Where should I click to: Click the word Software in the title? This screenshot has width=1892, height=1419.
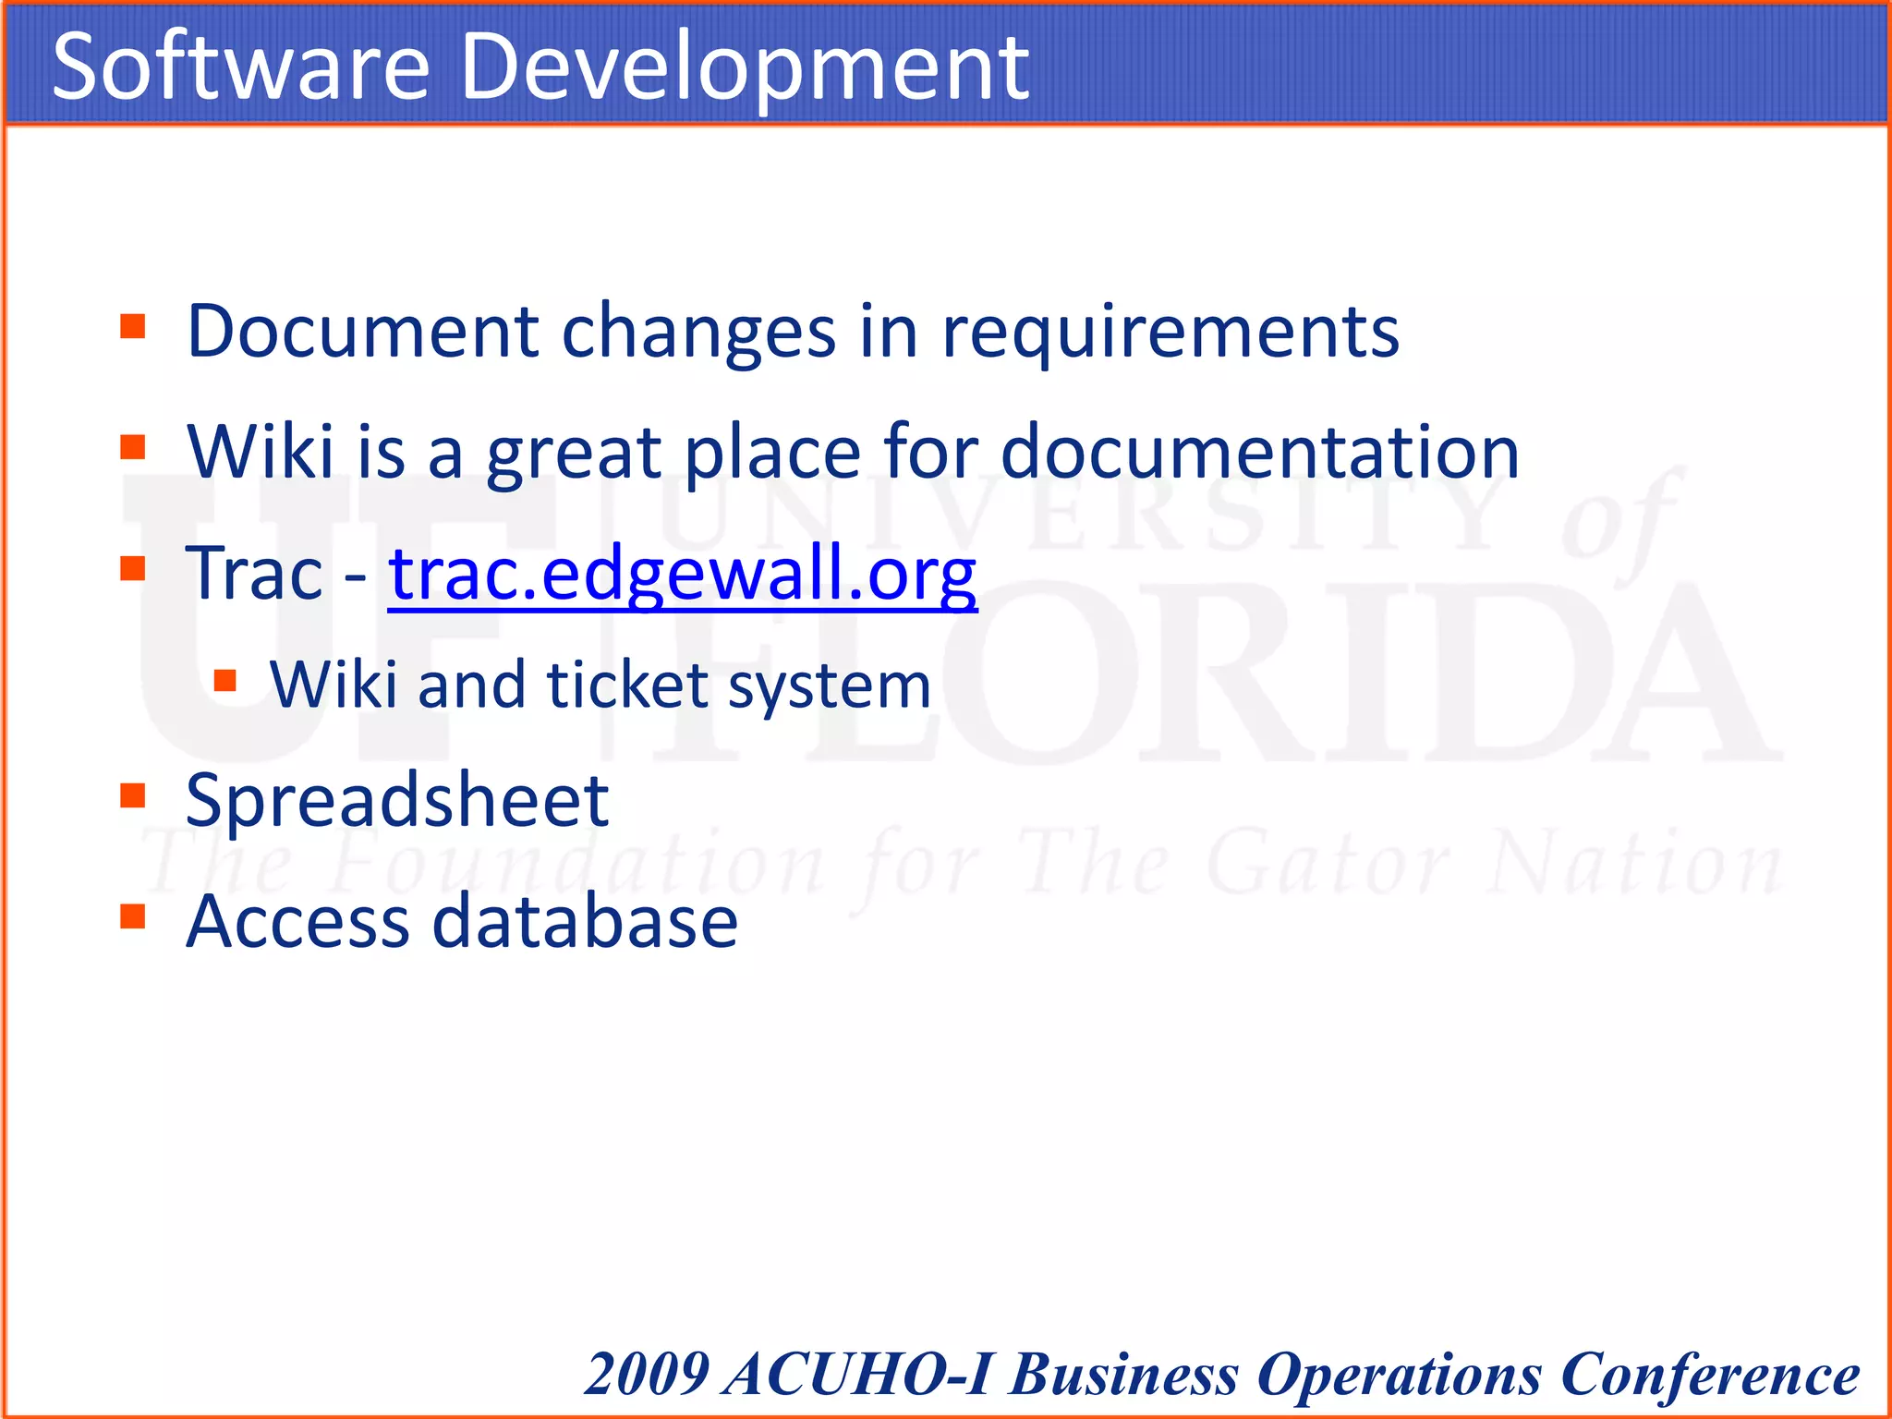coord(241,67)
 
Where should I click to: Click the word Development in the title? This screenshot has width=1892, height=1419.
coord(744,67)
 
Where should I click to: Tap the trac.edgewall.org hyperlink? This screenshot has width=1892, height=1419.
coord(682,574)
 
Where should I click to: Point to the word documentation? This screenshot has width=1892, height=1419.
coord(1260,452)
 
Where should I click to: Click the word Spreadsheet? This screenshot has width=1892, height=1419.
coord(397,800)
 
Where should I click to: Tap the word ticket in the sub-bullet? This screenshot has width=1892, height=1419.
coord(628,685)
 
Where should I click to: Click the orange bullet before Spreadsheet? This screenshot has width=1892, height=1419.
coord(133,795)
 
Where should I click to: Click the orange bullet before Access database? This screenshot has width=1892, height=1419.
coord(133,916)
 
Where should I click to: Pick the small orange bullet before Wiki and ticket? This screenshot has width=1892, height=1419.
coord(224,681)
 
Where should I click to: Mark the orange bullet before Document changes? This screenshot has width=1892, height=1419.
coord(133,326)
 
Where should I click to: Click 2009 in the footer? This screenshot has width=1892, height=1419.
coord(648,1374)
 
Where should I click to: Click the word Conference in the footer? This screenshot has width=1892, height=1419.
coord(1709,1374)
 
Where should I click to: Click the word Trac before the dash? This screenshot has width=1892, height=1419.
coord(254,574)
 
